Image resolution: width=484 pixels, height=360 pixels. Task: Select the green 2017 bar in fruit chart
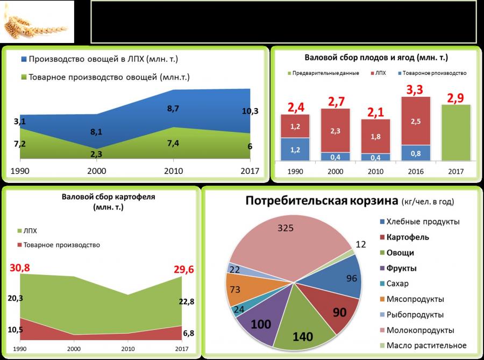coord(455,132)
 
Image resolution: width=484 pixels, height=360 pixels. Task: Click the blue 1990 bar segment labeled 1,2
coord(295,149)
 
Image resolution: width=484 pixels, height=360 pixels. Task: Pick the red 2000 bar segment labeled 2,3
coord(335,130)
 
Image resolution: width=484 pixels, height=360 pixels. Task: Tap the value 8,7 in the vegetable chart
coord(173,109)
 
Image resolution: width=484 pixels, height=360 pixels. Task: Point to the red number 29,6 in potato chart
coord(181,269)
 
